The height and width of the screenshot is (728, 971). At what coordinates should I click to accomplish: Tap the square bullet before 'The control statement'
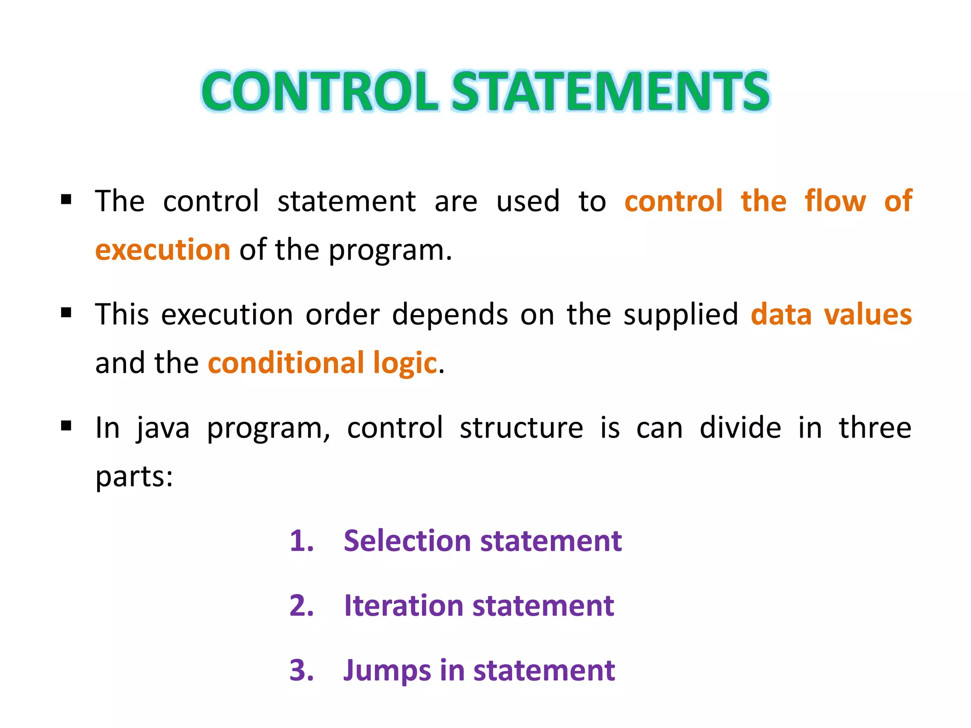(66, 199)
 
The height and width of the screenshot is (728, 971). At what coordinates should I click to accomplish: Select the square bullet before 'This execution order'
(66, 313)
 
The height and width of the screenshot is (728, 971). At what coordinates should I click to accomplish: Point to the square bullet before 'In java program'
(66, 426)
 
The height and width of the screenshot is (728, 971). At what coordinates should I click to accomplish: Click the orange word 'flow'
(835, 200)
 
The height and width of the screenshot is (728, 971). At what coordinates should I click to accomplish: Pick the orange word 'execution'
(163, 250)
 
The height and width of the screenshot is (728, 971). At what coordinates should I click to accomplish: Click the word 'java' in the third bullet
(163, 428)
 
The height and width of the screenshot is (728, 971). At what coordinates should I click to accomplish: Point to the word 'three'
(875, 428)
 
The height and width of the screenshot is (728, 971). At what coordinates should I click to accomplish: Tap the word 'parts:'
(134, 477)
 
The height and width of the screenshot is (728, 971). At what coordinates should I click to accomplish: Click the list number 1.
(302, 541)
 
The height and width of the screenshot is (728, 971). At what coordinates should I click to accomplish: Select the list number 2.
(302, 606)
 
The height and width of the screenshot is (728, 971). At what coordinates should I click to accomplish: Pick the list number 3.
(302, 671)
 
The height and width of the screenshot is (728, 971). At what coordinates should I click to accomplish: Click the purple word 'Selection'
(407, 541)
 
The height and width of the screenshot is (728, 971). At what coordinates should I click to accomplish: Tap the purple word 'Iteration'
(403, 606)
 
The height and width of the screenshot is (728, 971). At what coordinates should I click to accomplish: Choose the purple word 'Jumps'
(387, 671)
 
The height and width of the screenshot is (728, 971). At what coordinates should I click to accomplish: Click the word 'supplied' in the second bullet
(681, 315)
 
